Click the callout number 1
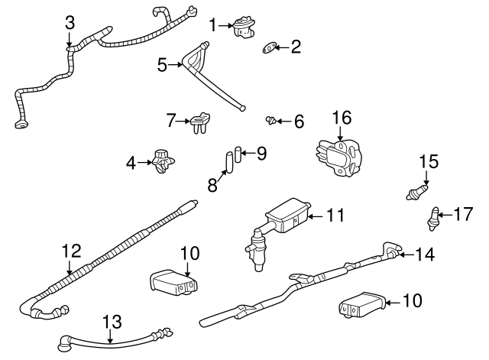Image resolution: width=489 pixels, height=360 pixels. coord(213,24)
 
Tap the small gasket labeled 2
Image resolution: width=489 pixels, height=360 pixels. coord(270,48)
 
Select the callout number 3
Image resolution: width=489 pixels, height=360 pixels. coord(70,23)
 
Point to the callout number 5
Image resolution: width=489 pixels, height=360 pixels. coord(161,65)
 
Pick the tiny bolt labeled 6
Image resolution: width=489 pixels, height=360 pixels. coord(270,119)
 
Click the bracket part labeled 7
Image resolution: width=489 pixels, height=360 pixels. coord(199,120)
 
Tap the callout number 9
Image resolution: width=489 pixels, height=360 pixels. coord(261,154)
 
